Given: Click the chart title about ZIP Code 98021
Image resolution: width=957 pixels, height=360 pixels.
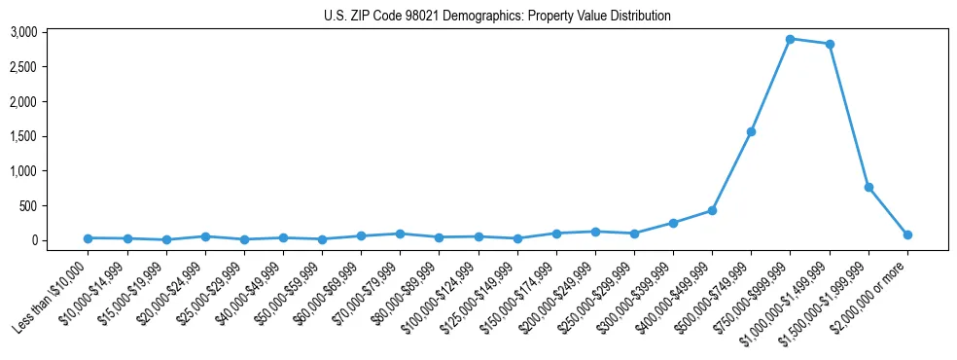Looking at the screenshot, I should pos(497,17).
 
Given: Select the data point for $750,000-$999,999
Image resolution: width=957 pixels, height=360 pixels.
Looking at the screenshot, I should pos(791,39).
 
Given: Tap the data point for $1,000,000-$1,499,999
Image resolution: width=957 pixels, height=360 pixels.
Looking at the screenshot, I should pos(830,44).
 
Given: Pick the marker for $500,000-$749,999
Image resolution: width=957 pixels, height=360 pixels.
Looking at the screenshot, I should pos(752,131).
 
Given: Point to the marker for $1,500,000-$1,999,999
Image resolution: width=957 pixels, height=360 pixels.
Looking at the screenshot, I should pos(868,187).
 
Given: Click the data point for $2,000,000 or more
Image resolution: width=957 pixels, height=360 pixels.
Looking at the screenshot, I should pos(907,234).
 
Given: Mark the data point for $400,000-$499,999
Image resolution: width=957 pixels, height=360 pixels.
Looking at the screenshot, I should pos(712,210).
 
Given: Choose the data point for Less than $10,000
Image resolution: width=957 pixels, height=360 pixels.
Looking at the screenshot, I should pos(89,238).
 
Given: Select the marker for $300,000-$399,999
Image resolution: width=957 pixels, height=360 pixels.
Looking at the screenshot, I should pos(673,223).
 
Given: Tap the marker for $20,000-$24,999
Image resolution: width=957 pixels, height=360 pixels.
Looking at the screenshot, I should pos(205,236).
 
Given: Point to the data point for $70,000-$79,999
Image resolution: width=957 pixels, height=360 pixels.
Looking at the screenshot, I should pos(401,234).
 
